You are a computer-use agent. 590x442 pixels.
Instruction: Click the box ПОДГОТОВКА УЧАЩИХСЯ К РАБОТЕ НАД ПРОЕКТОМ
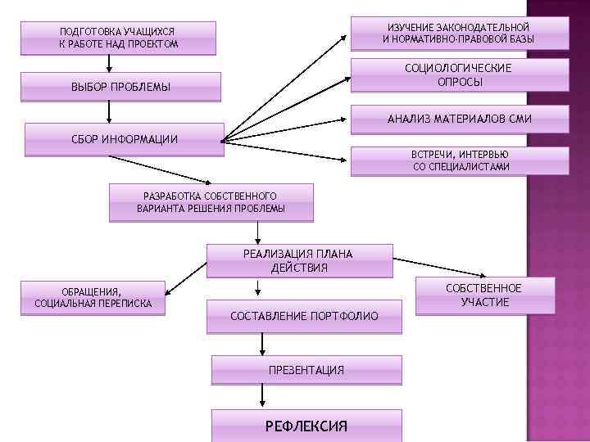point(119,38)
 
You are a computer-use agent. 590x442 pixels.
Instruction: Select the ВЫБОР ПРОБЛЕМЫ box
point(120,87)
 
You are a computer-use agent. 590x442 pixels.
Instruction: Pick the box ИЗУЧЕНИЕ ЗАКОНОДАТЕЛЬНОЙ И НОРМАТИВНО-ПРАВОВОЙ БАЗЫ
point(458,34)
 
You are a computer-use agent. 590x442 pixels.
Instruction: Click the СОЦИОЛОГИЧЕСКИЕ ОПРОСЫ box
point(458,75)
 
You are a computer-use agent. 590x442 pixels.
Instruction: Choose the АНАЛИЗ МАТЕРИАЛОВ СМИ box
point(459,120)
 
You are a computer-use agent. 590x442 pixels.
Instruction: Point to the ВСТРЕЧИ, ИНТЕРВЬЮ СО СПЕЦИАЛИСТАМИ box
point(459,160)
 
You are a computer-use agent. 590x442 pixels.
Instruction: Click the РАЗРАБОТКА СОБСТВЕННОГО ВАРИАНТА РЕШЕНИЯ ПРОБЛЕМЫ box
point(211,202)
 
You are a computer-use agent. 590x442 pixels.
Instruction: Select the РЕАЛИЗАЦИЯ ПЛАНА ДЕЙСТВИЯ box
point(299,260)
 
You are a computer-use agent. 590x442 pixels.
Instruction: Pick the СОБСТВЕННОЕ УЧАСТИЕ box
point(483,295)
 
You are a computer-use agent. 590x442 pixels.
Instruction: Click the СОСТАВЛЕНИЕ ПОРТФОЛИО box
point(304,316)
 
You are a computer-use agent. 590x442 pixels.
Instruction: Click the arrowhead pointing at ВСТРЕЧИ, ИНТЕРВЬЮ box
point(344,160)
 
